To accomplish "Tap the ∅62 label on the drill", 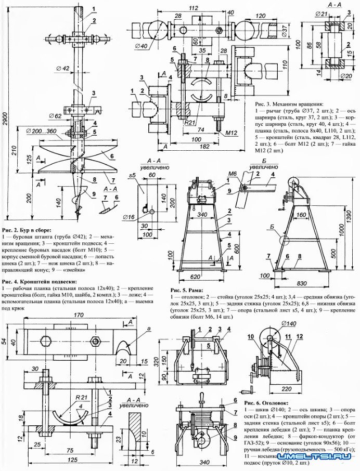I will coord(56,115).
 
